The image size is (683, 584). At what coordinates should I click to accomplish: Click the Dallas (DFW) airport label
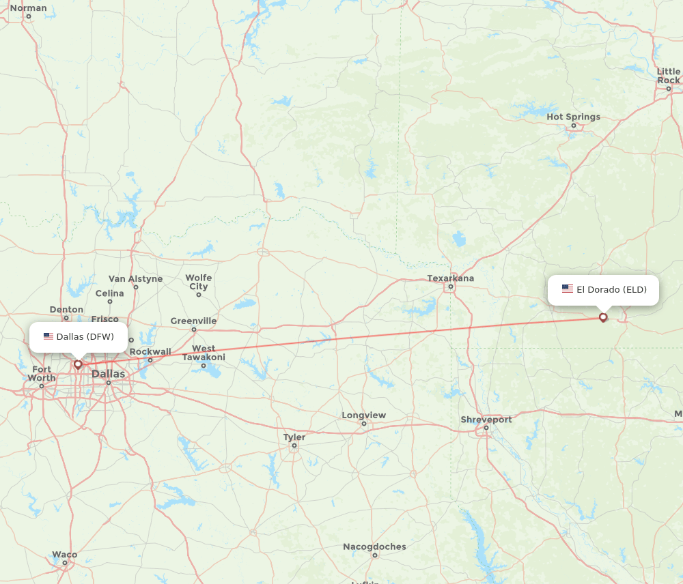[x=79, y=336]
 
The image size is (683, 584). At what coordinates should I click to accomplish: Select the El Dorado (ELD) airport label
[x=604, y=289]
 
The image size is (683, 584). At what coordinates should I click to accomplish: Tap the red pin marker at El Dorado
[x=603, y=317]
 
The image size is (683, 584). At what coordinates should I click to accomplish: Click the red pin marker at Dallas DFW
[x=78, y=364]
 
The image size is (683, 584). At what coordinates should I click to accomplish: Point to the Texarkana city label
[x=450, y=278]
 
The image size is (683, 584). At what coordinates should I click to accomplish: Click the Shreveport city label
[x=486, y=420]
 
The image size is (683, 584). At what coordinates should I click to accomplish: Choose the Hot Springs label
[x=573, y=117]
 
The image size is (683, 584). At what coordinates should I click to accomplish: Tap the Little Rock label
[x=669, y=76]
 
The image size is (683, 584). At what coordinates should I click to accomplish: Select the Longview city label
[x=363, y=415]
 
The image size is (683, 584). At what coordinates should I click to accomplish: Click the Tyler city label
[x=294, y=437]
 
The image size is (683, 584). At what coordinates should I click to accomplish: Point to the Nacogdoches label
[x=374, y=546]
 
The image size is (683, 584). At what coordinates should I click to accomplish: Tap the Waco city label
[x=65, y=555]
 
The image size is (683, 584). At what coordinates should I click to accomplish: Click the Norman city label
[x=29, y=8]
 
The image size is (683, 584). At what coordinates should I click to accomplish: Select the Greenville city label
[x=193, y=321]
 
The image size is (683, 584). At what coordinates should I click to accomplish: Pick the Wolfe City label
[x=199, y=282]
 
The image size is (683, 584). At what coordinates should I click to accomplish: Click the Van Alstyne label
[x=135, y=278]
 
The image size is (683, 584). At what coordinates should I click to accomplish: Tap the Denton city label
[x=66, y=309]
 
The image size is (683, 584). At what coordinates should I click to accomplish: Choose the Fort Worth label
[x=42, y=373]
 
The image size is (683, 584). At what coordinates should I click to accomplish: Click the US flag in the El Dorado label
[x=568, y=289]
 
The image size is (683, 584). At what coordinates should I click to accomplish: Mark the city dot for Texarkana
[x=450, y=287]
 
